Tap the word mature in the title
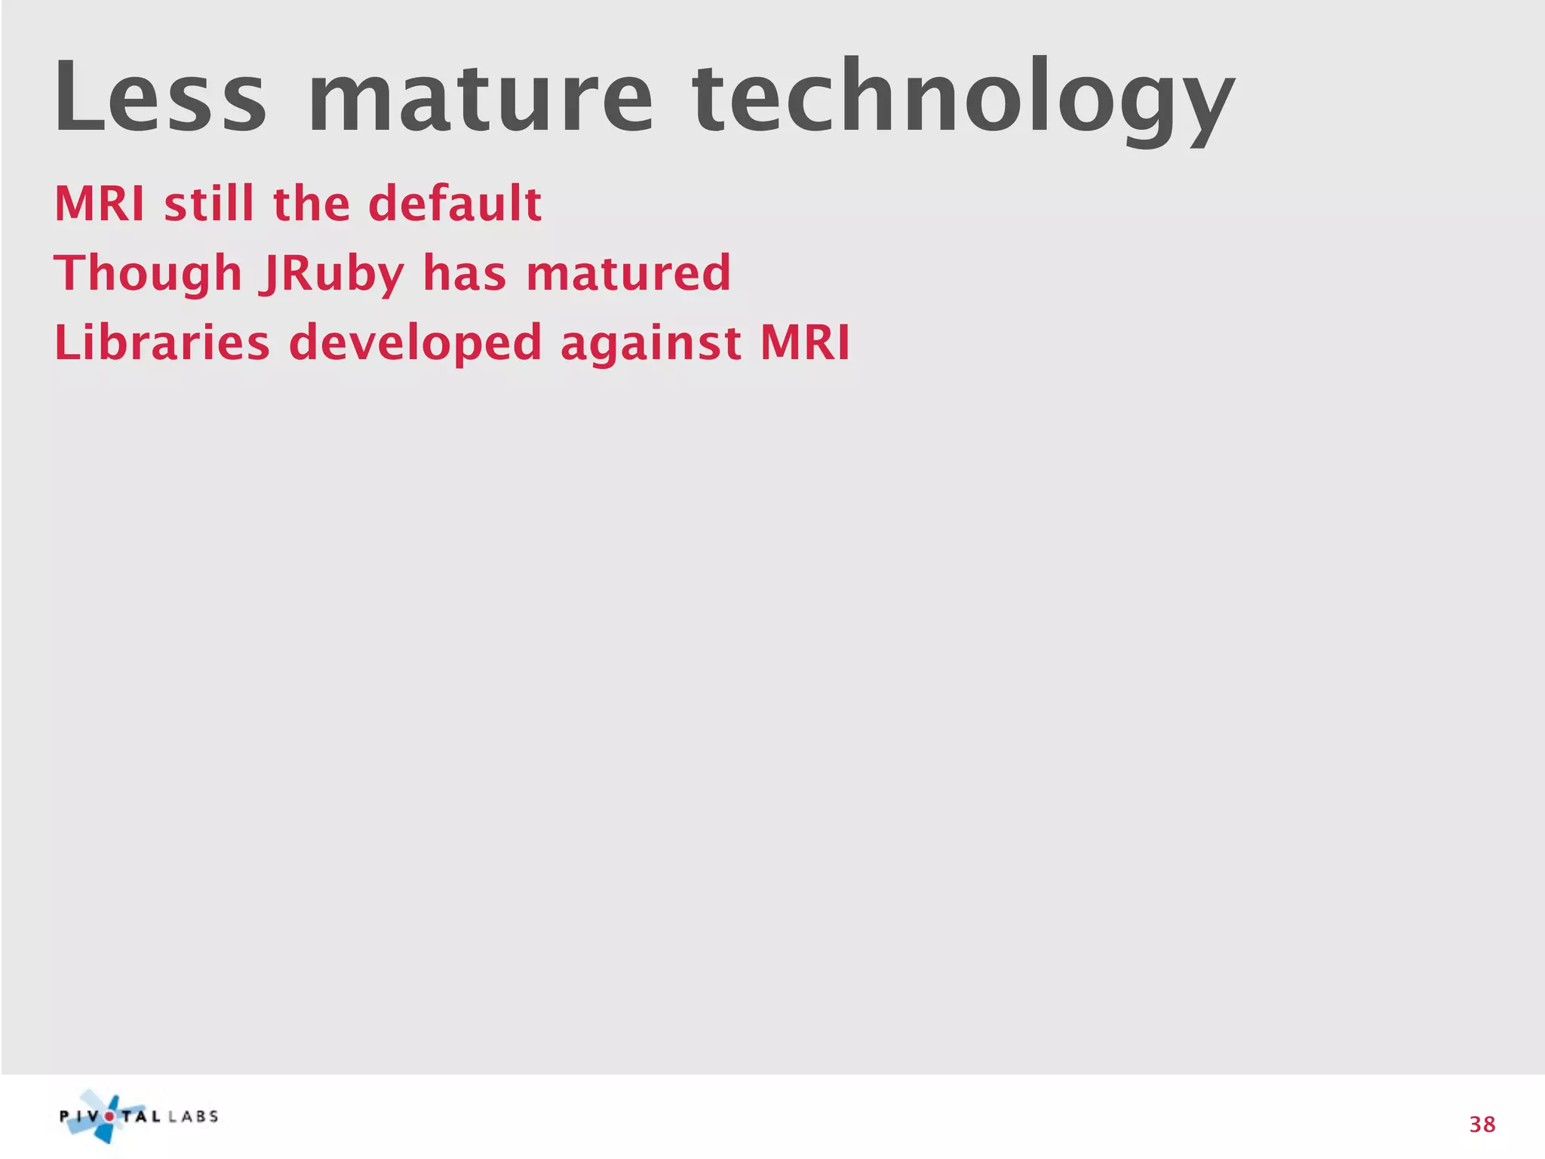click(480, 98)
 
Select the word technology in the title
click(963, 102)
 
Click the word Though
click(148, 274)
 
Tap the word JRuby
click(332, 274)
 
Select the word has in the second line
click(464, 273)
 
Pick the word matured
click(628, 273)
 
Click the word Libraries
click(161, 343)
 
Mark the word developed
click(415, 344)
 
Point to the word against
click(650, 344)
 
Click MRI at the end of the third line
click(805, 343)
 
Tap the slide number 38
click(1482, 1124)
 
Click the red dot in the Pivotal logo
click(109, 1117)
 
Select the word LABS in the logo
click(193, 1117)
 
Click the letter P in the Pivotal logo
click(65, 1117)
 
